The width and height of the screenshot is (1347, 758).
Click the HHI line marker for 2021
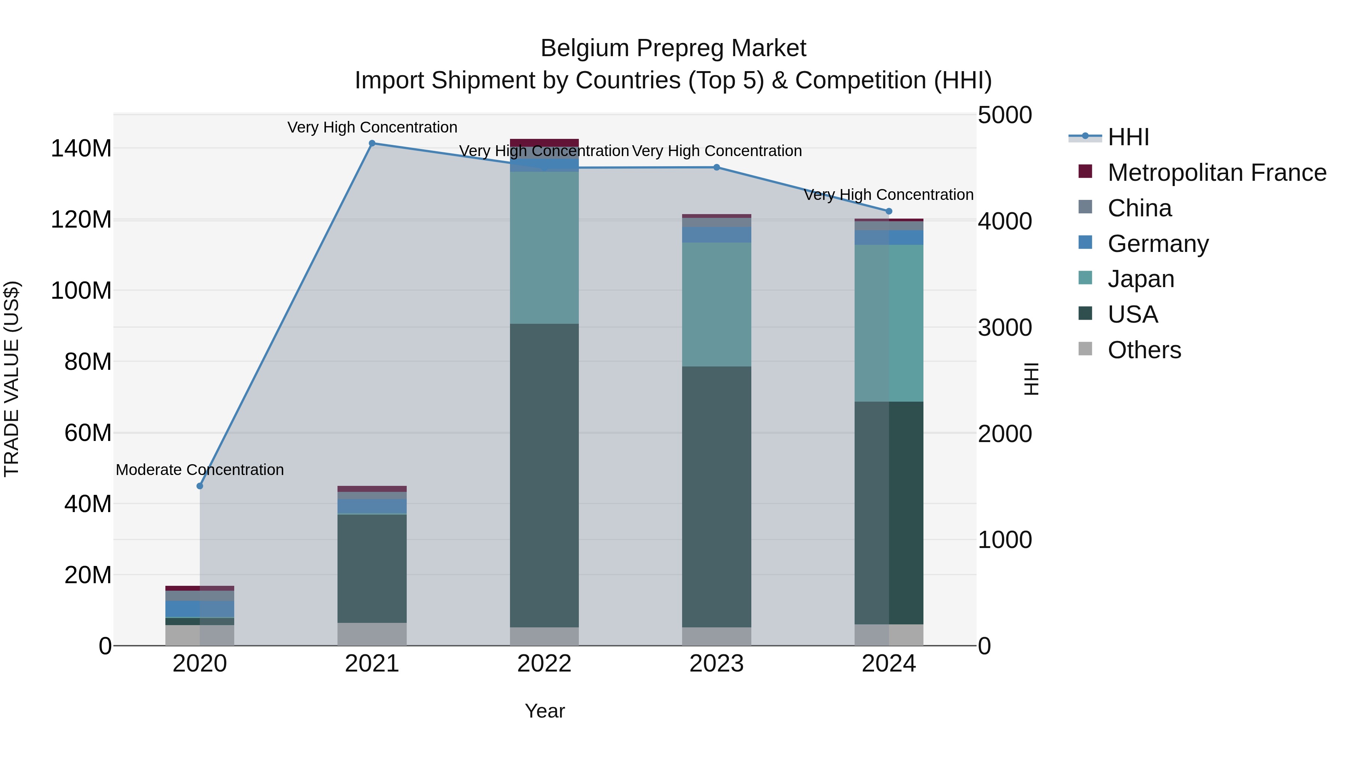click(372, 143)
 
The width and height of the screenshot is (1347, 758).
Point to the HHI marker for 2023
click(717, 167)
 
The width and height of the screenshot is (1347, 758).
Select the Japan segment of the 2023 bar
click(717, 304)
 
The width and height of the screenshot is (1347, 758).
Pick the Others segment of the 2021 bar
click(372, 634)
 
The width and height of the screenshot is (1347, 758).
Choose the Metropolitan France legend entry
click(1216, 173)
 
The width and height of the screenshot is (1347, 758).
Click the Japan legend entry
click(1141, 279)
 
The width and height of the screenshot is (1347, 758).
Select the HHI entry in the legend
click(1128, 137)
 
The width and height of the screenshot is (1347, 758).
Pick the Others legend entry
click(1144, 350)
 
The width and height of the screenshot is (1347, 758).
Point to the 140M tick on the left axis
click(81, 149)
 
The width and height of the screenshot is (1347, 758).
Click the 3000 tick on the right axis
click(1005, 328)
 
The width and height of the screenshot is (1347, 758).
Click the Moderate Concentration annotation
click(200, 470)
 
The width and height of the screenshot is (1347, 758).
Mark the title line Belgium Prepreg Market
click(673, 48)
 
